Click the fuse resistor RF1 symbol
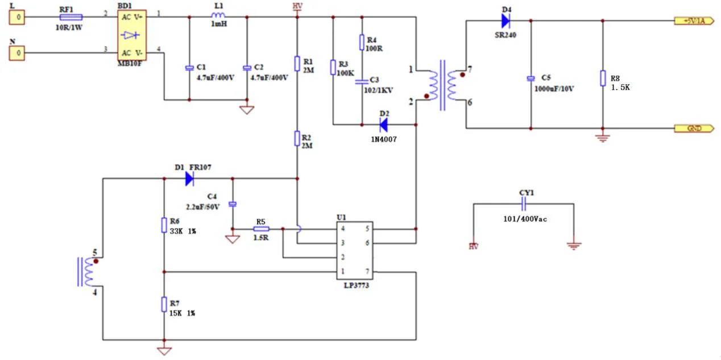pyautogui.click(x=71, y=18)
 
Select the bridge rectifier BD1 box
pyautogui.click(x=132, y=35)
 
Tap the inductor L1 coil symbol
pyautogui.click(x=218, y=16)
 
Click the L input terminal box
pyautogui.click(x=18, y=18)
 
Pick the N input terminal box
pyautogui.click(x=18, y=53)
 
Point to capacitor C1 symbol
pyautogui.click(x=189, y=68)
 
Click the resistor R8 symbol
pyautogui.click(x=603, y=78)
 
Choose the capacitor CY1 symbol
pyautogui.click(x=524, y=204)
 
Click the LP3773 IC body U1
pyautogui.click(x=356, y=251)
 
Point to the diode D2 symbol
pyautogui.click(x=383, y=124)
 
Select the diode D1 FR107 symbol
pyautogui.click(x=189, y=179)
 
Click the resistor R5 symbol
pyautogui.click(x=261, y=229)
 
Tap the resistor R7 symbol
pyautogui.click(x=164, y=304)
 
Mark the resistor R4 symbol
pyautogui.click(x=362, y=42)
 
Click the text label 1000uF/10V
pyautogui.click(x=554, y=88)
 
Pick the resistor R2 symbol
pyautogui.click(x=297, y=138)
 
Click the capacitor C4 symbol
pyautogui.click(x=232, y=204)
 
